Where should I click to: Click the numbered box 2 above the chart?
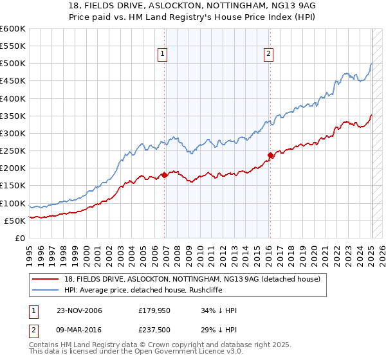click(268, 55)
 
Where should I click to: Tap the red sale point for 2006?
click(165, 174)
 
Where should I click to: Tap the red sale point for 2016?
click(270, 154)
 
